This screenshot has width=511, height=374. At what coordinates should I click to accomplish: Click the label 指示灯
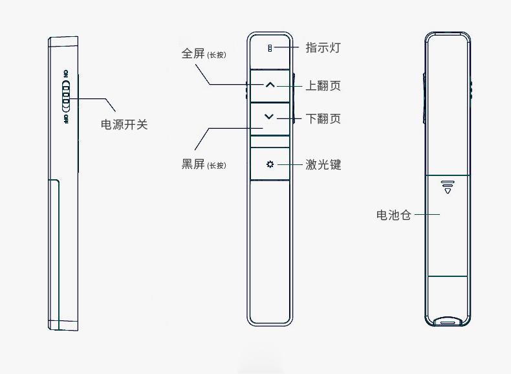click(x=323, y=48)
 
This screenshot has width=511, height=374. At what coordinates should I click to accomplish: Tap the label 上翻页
click(x=323, y=86)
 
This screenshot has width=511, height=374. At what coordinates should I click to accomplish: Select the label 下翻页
click(x=323, y=118)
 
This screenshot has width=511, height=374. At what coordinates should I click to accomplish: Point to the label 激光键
click(x=323, y=164)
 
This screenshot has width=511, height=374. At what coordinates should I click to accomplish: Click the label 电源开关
click(x=124, y=124)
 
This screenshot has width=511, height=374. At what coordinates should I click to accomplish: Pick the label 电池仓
click(x=393, y=215)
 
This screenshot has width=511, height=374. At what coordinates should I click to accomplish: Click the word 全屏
click(x=193, y=54)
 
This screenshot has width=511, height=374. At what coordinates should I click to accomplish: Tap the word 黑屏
click(x=193, y=164)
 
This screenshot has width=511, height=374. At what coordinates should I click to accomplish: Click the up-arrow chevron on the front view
click(x=270, y=85)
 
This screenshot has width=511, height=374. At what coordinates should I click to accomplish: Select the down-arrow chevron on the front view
click(x=270, y=116)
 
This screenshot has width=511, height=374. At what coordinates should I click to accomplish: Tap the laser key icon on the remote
click(x=270, y=164)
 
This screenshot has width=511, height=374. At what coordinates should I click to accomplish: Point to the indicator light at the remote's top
click(x=270, y=48)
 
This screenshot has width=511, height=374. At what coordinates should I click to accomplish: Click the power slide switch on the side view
click(x=66, y=101)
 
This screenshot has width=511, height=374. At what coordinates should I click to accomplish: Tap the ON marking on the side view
click(x=66, y=74)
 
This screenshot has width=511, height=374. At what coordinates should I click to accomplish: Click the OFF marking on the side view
click(x=66, y=120)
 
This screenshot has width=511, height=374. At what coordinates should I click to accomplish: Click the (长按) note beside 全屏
click(x=217, y=55)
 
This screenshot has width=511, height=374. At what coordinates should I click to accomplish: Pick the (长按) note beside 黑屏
click(x=217, y=166)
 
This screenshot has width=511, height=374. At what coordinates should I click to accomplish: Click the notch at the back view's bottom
click(x=446, y=320)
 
